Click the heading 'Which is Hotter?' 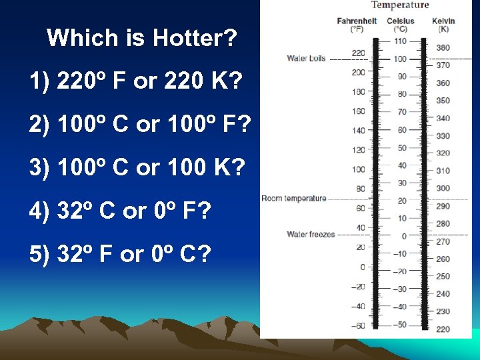click(141, 38)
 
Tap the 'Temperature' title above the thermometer click(400, 5)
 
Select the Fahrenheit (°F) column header click(357, 25)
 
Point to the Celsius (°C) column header click(401, 25)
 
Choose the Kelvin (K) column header click(443, 25)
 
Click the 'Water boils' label click(306, 59)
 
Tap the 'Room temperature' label click(294, 199)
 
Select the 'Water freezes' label click(311, 235)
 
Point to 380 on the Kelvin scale click(443, 48)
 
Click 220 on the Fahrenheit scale click(359, 53)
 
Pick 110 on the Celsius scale click(400, 41)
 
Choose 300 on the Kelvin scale click(443, 189)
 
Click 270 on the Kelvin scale click(443, 241)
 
